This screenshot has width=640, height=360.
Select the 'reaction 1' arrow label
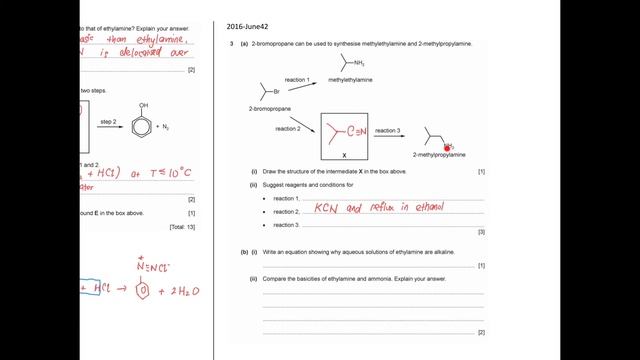coord(298,79)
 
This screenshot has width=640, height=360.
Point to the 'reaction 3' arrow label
coord(387,131)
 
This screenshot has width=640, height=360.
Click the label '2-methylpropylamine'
coord(439,155)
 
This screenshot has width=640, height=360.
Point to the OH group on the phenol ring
coord(144,104)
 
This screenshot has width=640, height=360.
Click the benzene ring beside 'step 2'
coord(144,127)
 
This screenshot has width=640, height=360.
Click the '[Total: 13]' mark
coord(183,228)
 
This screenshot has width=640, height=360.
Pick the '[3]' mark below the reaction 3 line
coord(481,232)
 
